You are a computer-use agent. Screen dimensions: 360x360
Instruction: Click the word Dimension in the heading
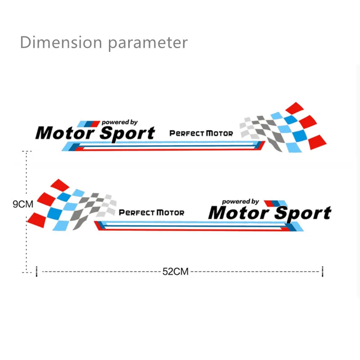click(x=61, y=42)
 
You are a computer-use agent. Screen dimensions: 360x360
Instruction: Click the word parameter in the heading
click(x=148, y=44)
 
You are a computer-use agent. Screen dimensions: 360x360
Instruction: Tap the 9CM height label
click(x=23, y=204)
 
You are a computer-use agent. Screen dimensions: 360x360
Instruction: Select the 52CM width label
click(x=175, y=272)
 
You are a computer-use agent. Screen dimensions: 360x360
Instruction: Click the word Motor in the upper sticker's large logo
click(x=65, y=133)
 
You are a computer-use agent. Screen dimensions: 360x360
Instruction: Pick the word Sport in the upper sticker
click(x=127, y=134)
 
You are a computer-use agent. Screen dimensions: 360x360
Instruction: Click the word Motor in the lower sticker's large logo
click(x=239, y=213)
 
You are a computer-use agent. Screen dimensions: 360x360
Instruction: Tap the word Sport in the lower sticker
click(x=302, y=214)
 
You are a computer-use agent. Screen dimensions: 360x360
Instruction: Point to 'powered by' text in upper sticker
click(x=120, y=122)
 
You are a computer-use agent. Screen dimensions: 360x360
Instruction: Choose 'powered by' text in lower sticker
click(x=240, y=202)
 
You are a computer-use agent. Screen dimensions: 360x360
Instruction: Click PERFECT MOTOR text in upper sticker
click(x=201, y=133)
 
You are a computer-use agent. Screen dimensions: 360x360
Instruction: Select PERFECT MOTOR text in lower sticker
click(x=152, y=212)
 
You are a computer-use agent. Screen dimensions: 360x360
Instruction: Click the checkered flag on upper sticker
click(x=283, y=128)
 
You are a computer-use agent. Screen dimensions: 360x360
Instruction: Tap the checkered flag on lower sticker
click(x=72, y=205)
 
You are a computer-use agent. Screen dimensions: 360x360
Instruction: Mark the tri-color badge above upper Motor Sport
click(x=89, y=124)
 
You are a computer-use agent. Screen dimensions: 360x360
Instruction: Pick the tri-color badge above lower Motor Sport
click(x=276, y=203)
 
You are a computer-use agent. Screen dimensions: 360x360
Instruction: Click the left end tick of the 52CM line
click(x=37, y=272)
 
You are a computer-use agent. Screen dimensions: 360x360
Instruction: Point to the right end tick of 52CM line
click(x=323, y=272)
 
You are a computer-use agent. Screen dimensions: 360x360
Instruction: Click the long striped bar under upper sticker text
click(x=163, y=146)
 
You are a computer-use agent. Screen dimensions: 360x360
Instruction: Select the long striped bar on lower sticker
click(x=199, y=226)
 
